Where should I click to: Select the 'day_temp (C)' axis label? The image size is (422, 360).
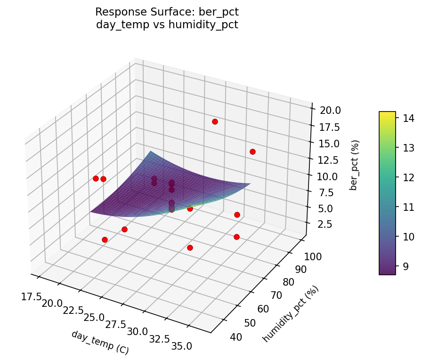click(x=100, y=342)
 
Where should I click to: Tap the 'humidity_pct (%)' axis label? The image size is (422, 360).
click(x=291, y=313)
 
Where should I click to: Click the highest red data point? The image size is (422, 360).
click(x=215, y=121)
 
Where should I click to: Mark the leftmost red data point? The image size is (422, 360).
click(x=96, y=178)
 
